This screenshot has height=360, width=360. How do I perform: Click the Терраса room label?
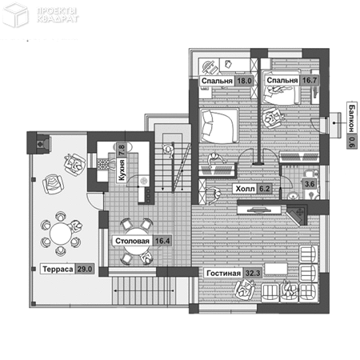click(x=58, y=269)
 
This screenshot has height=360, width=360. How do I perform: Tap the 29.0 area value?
click(x=85, y=269)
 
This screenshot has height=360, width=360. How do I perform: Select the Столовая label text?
click(x=132, y=241)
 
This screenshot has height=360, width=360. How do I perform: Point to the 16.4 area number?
click(x=162, y=241)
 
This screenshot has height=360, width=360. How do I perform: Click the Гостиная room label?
click(x=223, y=274)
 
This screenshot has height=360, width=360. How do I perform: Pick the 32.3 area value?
click(x=253, y=274)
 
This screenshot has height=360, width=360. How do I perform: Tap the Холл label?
click(x=245, y=189)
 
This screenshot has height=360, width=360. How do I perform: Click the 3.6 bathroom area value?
click(x=310, y=184)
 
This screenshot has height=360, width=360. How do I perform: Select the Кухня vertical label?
click(x=122, y=170)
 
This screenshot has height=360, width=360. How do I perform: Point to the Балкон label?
click(x=352, y=118)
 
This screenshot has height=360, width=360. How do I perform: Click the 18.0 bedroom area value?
click(x=244, y=81)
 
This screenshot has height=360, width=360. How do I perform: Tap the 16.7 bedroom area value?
click(x=310, y=80)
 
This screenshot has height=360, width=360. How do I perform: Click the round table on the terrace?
click(x=61, y=234)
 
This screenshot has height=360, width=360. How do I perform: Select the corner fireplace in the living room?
click(x=297, y=215)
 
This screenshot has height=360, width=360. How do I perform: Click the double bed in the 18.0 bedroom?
click(x=219, y=126)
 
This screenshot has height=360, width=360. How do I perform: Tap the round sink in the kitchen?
click(x=144, y=181)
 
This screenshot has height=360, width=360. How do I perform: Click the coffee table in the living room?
click(x=276, y=269)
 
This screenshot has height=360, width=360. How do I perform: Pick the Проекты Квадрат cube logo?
click(x=15, y=14)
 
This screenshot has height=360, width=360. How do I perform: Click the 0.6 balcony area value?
click(x=352, y=141)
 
